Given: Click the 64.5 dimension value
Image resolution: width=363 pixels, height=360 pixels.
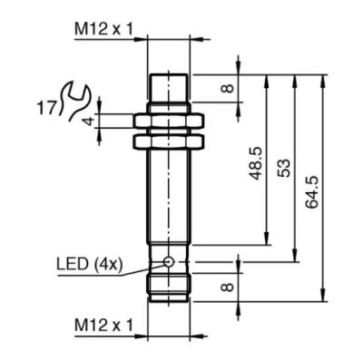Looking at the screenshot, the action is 312,191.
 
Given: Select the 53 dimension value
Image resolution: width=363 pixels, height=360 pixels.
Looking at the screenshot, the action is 284,168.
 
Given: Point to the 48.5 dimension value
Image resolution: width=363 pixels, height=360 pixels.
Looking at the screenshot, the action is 256,163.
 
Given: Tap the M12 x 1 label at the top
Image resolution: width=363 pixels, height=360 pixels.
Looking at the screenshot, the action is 103,30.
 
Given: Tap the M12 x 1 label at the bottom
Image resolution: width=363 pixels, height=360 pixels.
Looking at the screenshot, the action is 103,326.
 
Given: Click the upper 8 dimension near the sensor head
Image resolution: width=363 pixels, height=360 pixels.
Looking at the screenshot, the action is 229,88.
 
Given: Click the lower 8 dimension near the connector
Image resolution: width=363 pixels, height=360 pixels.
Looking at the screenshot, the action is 228,287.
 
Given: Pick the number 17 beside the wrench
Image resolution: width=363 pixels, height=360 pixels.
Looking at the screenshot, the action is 46,108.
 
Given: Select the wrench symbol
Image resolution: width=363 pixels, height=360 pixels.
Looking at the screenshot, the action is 74,101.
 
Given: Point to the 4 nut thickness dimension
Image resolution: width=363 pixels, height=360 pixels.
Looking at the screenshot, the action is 89,122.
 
